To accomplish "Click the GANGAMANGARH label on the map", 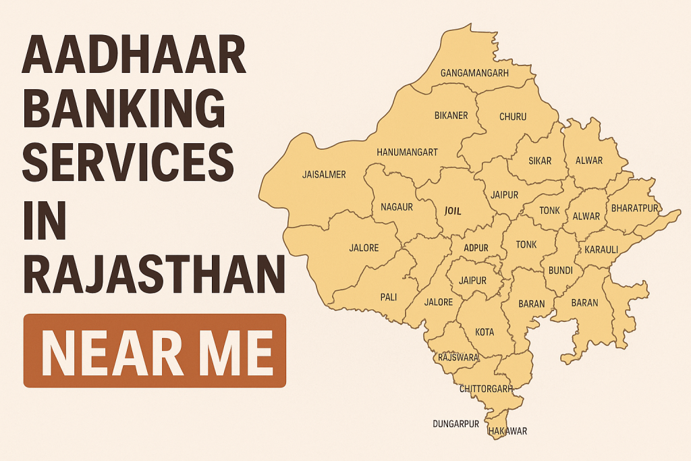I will coord(474,72).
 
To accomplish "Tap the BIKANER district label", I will coord(451,115).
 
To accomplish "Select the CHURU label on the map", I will coord(513,116).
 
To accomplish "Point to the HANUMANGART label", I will coord(407,152).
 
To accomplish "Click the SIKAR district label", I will coord(540,161).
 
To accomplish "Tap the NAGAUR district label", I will coord(397,207).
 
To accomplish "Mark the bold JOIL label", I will coord(453,211).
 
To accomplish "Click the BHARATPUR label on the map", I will coord(634,208).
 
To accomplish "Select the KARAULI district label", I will coord(602,250).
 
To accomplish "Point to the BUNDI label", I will coord(561,271).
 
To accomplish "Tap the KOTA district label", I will coord(485,332).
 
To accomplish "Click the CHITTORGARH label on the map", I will coord(486,389).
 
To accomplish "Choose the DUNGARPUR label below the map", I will coord(455,424).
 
